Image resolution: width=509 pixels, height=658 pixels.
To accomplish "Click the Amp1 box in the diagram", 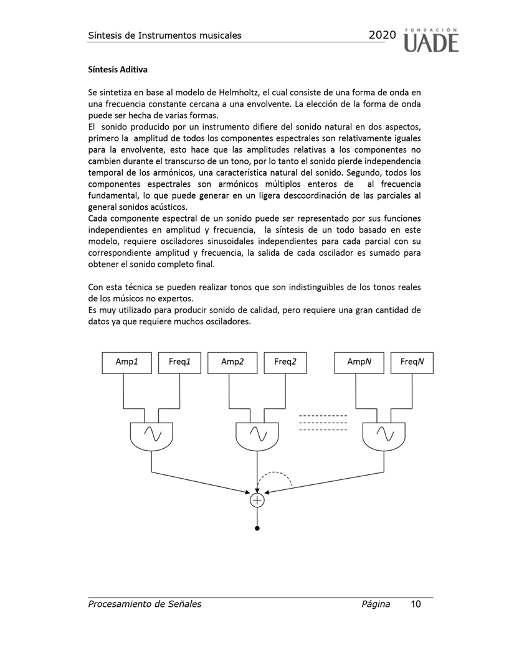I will tap(126, 362).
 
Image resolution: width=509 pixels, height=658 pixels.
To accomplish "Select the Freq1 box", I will tap(180, 362).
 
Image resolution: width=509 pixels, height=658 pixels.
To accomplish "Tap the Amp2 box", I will tap(232, 362).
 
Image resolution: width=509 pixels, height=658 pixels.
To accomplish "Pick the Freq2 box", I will tap(285, 362).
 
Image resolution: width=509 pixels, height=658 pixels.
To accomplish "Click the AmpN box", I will tap(359, 362).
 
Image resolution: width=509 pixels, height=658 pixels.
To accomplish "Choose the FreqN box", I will tap(412, 362).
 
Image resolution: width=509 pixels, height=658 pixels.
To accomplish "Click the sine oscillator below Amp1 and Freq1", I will tap(153, 434).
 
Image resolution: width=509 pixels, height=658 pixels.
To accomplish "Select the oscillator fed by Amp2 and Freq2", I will tap(257, 434).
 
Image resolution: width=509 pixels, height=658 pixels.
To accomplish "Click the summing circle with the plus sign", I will tap(257, 499).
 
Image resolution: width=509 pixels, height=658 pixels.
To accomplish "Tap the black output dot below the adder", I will tap(257, 529).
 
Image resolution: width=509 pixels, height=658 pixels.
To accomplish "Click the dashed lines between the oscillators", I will tap(323, 423).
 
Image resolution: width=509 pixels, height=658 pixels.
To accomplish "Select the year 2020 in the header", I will tap(382, 35).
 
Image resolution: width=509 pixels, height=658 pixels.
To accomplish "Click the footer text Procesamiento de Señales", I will tap(145, 604).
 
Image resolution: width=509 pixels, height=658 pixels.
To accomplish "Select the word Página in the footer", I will tap(376, 604).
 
